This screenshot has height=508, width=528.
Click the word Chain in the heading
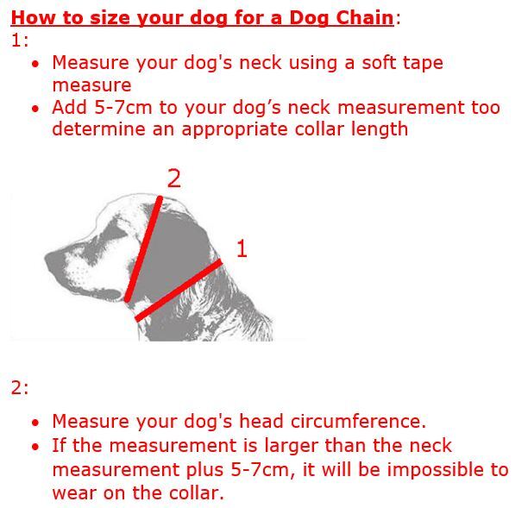(x=365, y=17)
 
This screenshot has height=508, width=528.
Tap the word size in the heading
(x=110, y=17)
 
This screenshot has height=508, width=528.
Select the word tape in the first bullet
(x=423, y=63)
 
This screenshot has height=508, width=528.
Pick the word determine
(x=98, y=129)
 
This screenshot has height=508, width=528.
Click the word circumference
(x=358, y=421)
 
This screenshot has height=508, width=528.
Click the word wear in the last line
(x=74, y=493)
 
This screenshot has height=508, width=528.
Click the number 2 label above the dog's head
(x=173, y=179)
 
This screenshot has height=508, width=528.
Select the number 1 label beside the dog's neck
(x=242, y=248)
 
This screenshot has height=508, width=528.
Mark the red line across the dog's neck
(x=179, y=290)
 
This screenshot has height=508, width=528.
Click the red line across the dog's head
(x=144, y=249)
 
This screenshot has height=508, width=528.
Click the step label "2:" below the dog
(x=20, y=387)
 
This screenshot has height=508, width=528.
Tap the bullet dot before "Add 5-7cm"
(x=35, y=109)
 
